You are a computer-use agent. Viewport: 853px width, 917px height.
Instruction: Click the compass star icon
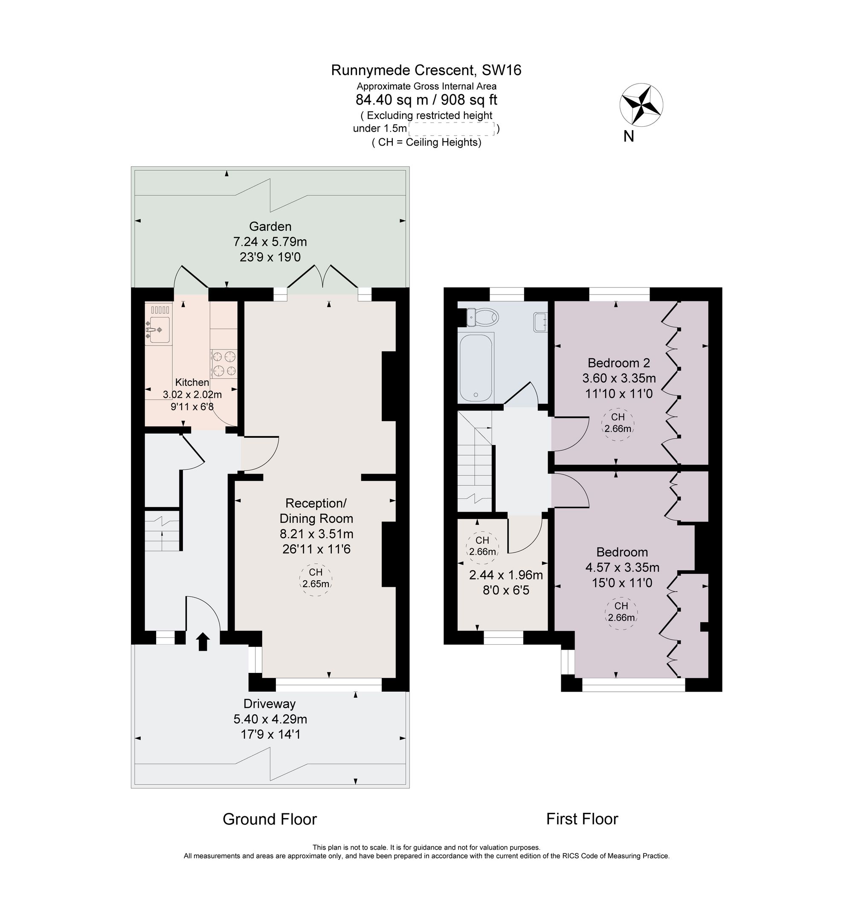point(641,105)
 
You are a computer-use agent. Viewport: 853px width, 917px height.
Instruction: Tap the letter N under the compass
point(629,137)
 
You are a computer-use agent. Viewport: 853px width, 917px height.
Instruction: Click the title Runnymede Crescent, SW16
point(426,70)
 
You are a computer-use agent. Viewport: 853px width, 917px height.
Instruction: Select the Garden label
point(270,227)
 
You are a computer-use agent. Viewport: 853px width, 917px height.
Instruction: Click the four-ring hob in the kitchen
point(224,364)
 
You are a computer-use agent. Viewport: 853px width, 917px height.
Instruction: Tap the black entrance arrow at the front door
point(203,642)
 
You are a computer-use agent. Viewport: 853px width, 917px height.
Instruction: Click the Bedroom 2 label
point(619,363)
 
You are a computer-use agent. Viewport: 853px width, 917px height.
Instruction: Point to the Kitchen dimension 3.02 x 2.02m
point(192,394)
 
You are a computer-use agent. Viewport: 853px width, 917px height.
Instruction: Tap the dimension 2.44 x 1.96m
point(506,575)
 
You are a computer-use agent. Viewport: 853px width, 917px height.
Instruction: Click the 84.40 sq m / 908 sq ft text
point(426,99)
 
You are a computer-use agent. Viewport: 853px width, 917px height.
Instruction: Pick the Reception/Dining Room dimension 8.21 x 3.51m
point(316,534)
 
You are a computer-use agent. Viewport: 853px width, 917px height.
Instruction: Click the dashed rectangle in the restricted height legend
point(451,129)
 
